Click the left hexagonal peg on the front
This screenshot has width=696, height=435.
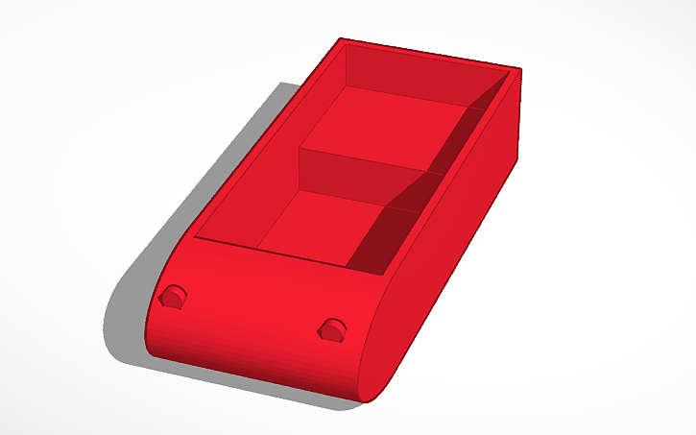tap(174, 298)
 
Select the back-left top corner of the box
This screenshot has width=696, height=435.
tap(342, 39)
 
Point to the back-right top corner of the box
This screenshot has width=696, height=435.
tap(518, 68)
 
